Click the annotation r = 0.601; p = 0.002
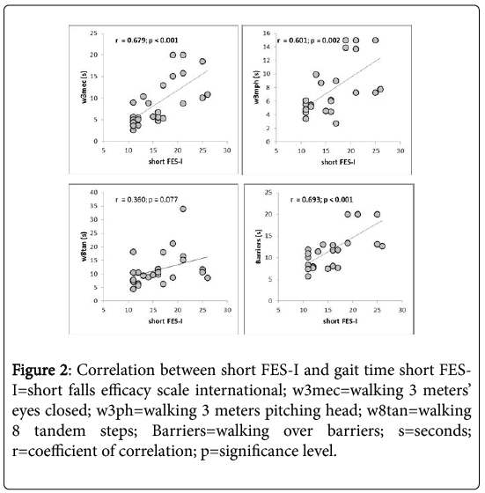click(312, 40)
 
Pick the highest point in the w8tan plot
click(183, 209)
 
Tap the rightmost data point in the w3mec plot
click(208, 94)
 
